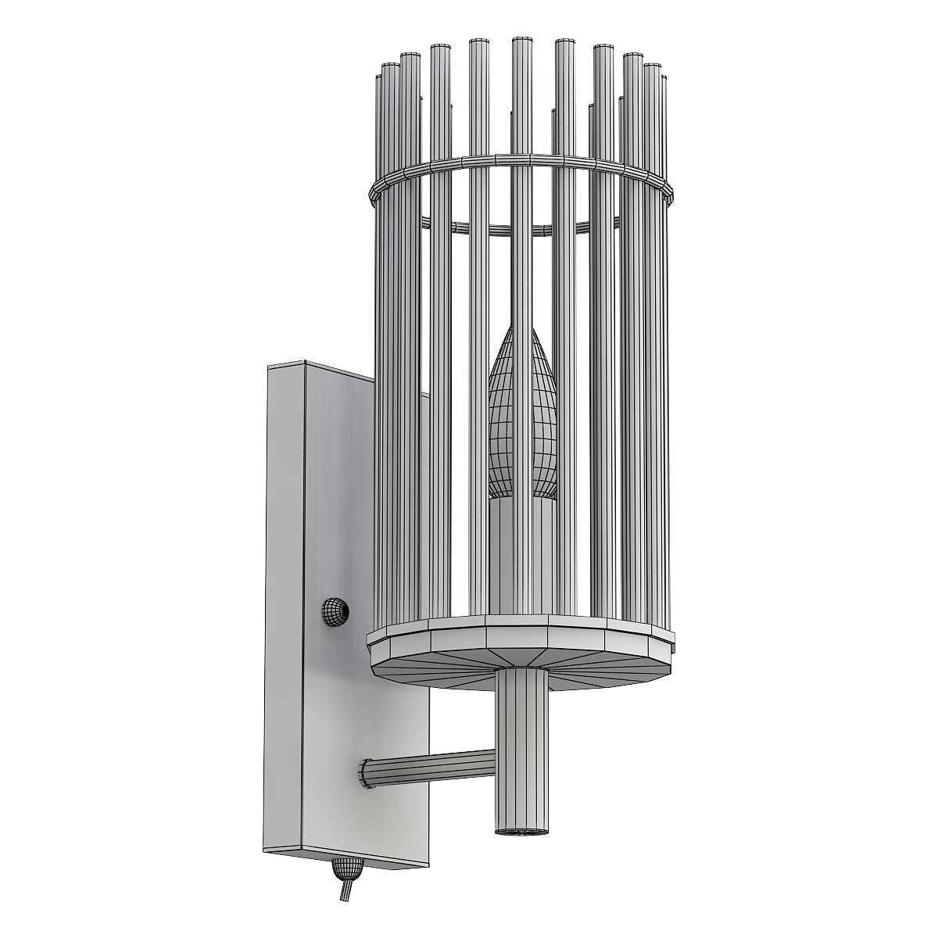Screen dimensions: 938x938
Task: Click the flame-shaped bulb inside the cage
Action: pos(522,422)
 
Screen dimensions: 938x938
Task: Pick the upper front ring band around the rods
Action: pos(520,161)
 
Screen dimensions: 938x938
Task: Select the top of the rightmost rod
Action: pos(664,78)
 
